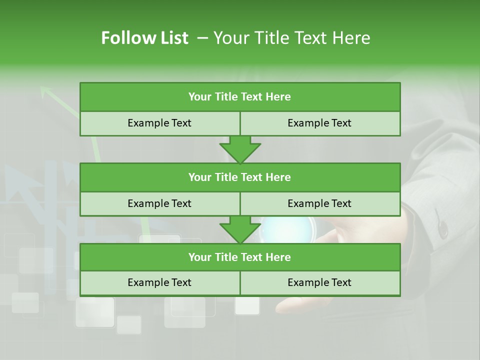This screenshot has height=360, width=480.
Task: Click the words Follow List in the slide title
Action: (x=144, y=38)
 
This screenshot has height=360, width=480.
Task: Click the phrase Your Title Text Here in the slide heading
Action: (x=291, y=38)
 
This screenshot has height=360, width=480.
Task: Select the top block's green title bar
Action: (x=240, y=97)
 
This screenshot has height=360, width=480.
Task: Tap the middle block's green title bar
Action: (x=240, y=177)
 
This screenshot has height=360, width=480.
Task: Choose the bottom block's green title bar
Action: (x=240, y=257)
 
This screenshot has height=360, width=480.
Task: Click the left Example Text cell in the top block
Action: (x=159, y=123)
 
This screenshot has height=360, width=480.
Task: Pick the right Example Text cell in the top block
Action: (x=319, y=123)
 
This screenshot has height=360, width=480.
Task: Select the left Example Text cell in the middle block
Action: (x=159, y=203)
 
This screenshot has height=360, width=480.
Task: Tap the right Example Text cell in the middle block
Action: (x=319, y=203)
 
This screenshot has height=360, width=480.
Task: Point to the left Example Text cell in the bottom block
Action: (x=159, y=282)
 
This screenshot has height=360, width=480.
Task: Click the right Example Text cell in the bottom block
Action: (x=319, y=282)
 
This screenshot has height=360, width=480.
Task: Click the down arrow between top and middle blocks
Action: (x=240, y=149)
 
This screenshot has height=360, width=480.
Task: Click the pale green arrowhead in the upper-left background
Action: (x=46, y=91)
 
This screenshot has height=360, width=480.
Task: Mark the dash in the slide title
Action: (x=202, y=38)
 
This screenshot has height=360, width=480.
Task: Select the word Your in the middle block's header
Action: (x=199, y=177)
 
